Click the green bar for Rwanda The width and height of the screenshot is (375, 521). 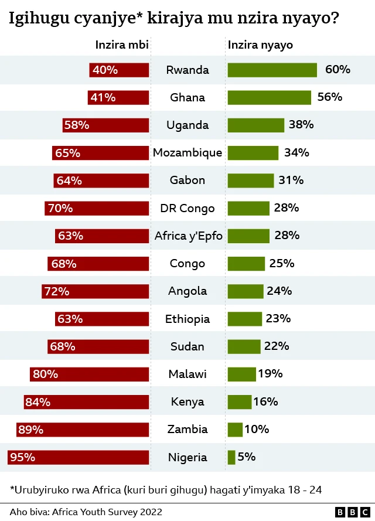coord(272,70)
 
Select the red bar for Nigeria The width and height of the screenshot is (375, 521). coord(78,457)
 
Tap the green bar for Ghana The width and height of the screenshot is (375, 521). coord(269,97)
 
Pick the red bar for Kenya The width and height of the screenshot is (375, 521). coord(86,402)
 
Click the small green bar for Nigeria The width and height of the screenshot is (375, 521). coord(231,457)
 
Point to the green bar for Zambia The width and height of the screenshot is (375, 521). coord(234,430)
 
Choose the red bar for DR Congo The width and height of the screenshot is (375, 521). coord(97,208)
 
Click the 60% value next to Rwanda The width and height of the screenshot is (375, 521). coord(337,70)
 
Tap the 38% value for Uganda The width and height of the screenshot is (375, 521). coord(301,125)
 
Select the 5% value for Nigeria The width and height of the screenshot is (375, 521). coord(247,457)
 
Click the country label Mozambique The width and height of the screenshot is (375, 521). coord(187,153)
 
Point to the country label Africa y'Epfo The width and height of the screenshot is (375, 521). coord(189,236)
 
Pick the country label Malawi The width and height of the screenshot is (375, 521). coord(187,374)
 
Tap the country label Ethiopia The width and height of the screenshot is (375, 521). coord(187,319)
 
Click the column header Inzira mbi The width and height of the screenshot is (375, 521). coord(122,45)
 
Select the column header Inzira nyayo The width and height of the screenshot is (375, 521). coord(260,45)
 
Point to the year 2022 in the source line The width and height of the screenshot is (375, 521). coord(150,512)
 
